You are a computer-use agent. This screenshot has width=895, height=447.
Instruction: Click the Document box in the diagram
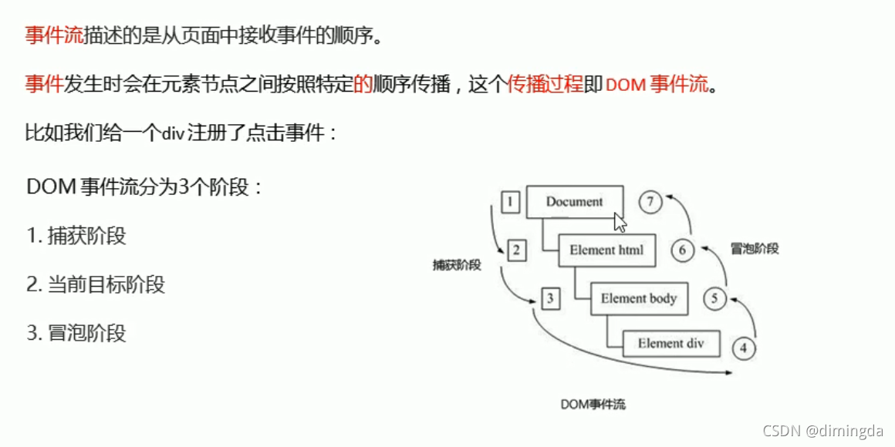tap(574, 202)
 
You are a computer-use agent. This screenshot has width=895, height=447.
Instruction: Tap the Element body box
tap(638, 298)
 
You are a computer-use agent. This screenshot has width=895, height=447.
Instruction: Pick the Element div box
tap(670, 344)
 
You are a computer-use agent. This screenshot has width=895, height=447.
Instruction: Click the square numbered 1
tap(510, 202)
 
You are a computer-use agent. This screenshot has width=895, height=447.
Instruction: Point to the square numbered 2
tap(518, 250)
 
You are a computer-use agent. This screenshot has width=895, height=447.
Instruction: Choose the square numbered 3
tap(549, 298)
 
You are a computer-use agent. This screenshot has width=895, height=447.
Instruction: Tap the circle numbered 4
tap(743, 348)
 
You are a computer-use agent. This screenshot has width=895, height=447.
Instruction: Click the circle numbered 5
tap(714, 298)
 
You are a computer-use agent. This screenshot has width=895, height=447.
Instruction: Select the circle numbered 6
tap(683, 250)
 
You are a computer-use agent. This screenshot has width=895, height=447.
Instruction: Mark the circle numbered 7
tap(650, 202)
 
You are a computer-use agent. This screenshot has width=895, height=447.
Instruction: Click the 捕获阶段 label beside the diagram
tap(457, 265)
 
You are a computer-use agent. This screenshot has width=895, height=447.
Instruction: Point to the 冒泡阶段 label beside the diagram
tap(754, 249)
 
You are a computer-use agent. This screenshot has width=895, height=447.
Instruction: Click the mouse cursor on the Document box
tap(620, 222)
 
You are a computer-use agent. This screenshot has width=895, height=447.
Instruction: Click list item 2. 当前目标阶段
tap(96, 284)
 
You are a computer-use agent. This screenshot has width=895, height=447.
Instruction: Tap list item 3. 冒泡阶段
tap(76, 333)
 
